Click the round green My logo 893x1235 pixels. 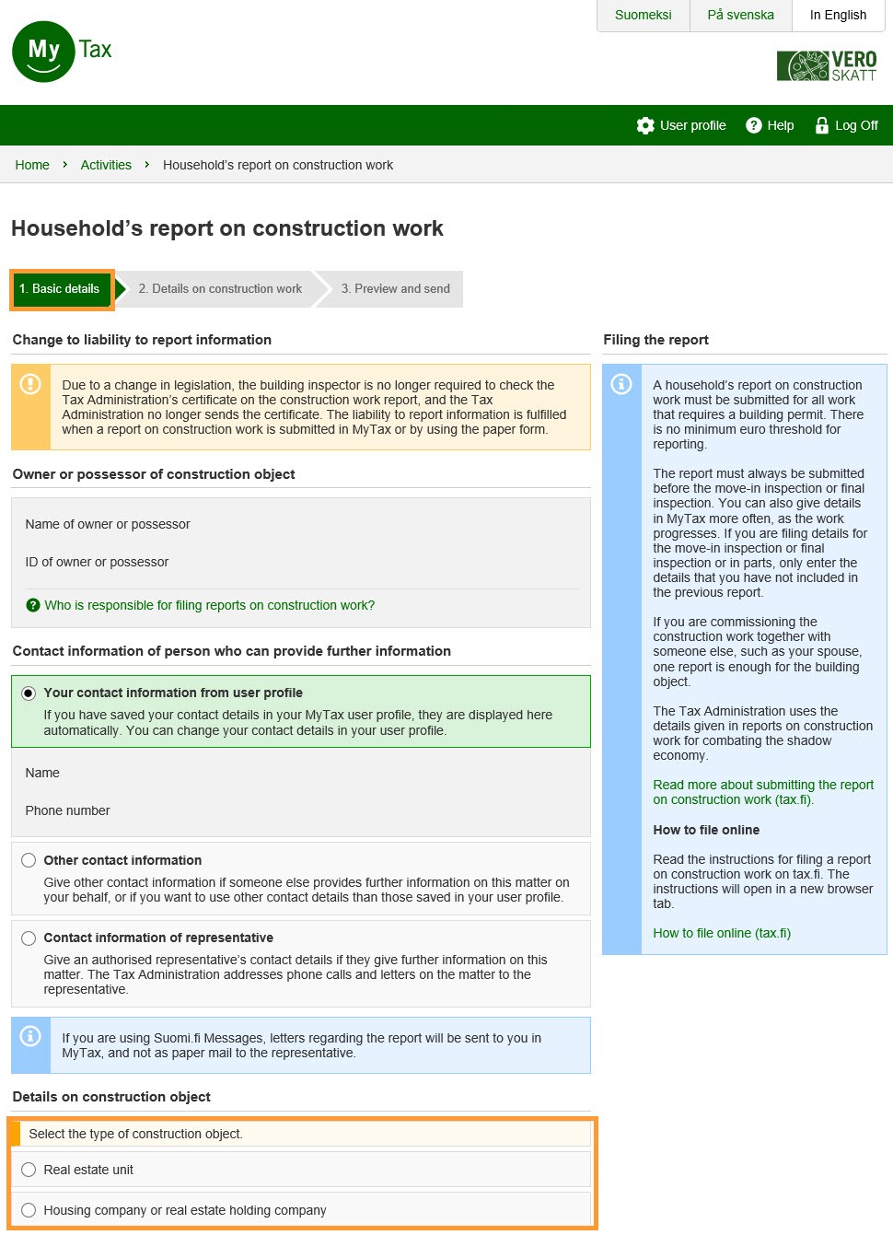tap(43, 52)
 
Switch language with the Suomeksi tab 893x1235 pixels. tap(643, 16)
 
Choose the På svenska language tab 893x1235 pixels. tap(740, 16)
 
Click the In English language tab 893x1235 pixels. tap(838, 16)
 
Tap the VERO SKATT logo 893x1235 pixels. tap(827, 66)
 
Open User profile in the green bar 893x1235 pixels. tap(681, 125)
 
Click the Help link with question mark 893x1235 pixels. tap(770, 125)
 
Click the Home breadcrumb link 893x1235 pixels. tap(32, 165)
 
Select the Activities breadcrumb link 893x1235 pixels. tap(106, 165)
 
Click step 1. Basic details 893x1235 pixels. tap(60, 289)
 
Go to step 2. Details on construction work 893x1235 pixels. tap(220, 289)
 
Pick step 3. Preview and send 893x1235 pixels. tap(395, 289)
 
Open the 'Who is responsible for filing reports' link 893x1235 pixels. tap(209, 605)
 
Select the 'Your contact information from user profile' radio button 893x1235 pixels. tap(29, 693)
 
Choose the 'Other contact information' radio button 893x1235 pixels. tap(29, 860)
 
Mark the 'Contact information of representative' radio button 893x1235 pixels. tap(29, 938)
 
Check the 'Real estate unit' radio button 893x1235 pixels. tap(29, 1170)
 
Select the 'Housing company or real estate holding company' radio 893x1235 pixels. tap(29, 1210)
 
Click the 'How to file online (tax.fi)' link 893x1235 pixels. tap(722, 933)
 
